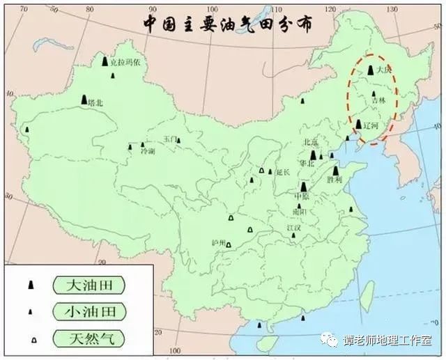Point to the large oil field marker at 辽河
(359, 125)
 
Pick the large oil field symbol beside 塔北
(84, 100)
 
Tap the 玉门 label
(171, 139)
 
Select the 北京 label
(310, 142)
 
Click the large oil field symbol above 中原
(305, 187)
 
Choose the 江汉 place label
(294, 227)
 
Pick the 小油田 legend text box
(89, 311)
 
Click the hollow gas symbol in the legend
(31, 339)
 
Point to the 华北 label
(306, 164)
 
